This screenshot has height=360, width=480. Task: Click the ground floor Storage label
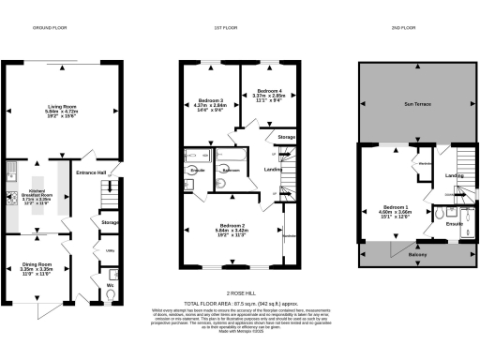110,222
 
